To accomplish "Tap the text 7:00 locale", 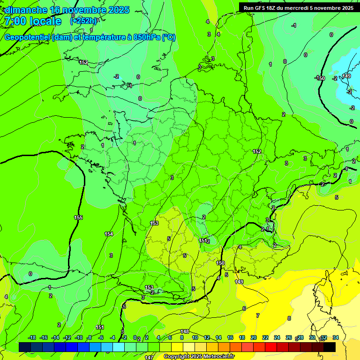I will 32,21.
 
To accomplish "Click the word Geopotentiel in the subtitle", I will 28,37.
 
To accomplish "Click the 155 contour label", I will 78,217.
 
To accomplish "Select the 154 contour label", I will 109,234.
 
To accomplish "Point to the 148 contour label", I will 185,331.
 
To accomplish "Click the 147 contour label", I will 149,358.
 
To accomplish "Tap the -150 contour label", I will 320,78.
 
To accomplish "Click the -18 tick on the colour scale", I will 32,338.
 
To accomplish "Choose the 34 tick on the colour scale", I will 336,338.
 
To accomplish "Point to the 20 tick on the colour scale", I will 254,338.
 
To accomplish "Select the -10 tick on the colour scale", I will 79,338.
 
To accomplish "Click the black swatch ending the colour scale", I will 330,347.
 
